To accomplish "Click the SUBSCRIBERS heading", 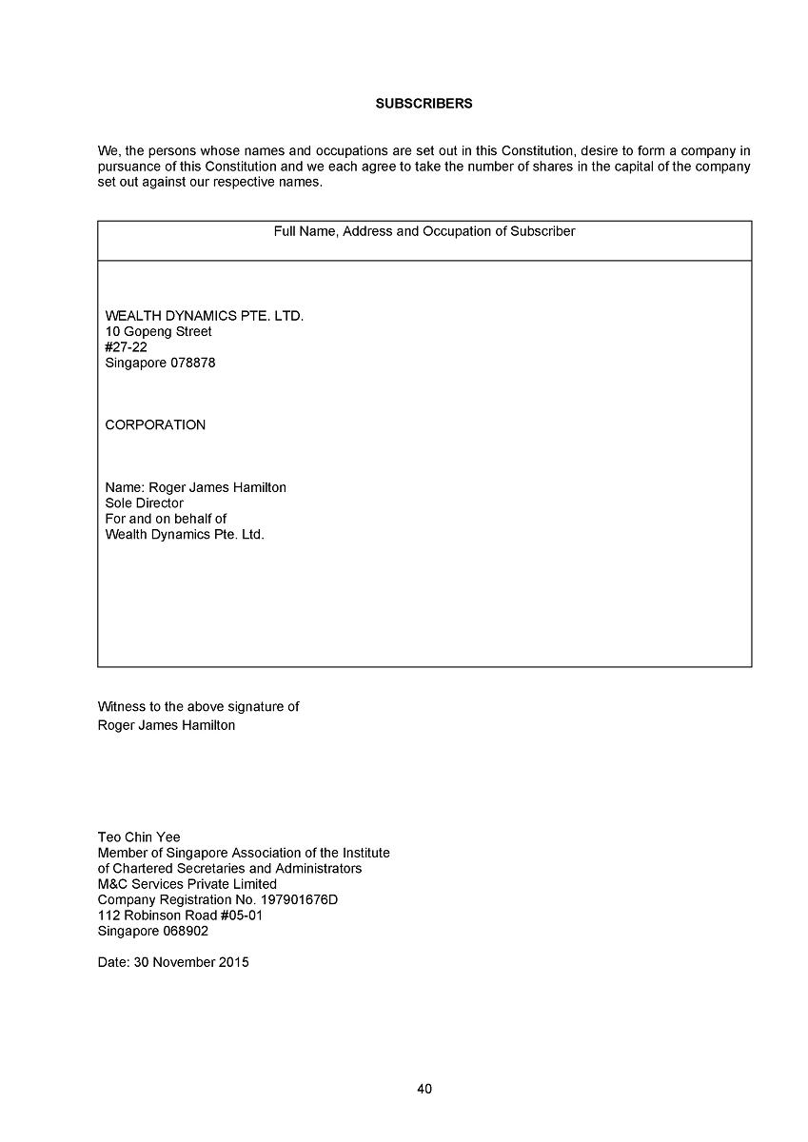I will (424, 104).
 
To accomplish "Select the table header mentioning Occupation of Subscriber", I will (424, 231).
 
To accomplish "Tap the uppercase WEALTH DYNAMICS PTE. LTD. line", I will (205, 316).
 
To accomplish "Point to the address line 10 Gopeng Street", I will (158, 332).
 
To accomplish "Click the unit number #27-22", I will (126, 347).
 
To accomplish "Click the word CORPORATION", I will (155, 425).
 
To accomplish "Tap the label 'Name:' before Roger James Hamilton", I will (125, 488).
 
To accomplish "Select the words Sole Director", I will (144, 503).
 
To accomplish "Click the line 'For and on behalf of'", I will (166, 519).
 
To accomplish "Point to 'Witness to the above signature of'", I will (198, 707).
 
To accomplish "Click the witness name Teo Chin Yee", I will (139, 837).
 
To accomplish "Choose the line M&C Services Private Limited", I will (187, 884).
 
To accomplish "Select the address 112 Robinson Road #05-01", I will (180, 916).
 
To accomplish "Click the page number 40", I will (424, 1089).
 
